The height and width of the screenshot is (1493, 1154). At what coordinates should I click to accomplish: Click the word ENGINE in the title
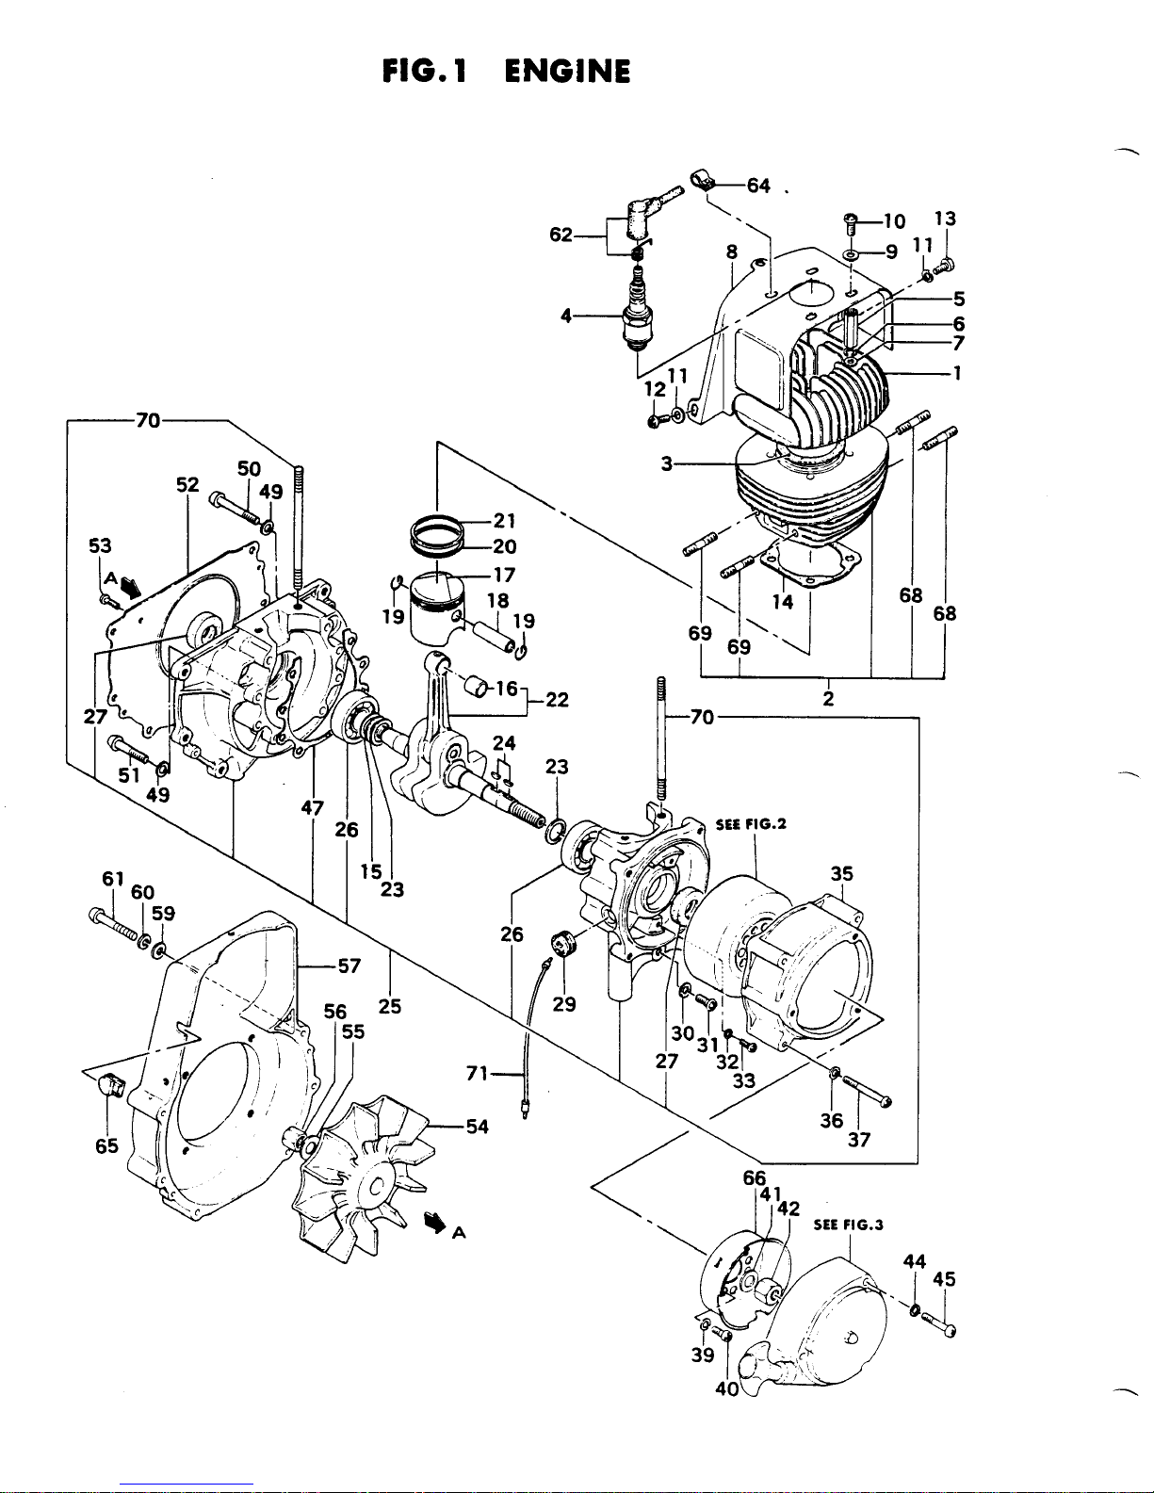click(x=567, y=71)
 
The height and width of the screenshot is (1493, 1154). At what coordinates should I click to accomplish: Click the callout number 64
click(x=758, y=186)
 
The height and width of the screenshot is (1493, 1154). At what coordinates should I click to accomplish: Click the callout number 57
click(x=349, y=966)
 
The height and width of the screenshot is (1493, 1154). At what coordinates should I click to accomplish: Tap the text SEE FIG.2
click(x=751, y=824)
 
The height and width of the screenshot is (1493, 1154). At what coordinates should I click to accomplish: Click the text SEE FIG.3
click(x=849, y=1225)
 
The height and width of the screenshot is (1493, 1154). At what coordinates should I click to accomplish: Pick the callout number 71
click(x=478, y=1073)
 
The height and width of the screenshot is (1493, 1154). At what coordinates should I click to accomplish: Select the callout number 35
click(x=841, y=873)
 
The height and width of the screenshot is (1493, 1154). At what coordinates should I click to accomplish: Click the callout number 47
click(x=313, y=808)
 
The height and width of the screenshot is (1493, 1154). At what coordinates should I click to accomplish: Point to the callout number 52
click(x=187, y=484)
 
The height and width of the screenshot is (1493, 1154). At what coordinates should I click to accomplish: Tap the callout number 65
click(x=107, y=1145)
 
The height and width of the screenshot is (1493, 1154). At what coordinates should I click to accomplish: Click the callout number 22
click(x=557, y=700)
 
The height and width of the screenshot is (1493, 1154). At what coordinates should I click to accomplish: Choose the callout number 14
click(x=783, y=602)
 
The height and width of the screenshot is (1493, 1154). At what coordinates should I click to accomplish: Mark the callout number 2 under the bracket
click(x=828, y=699)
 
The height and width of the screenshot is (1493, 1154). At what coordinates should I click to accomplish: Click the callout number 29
click(x=564, y=1004)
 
